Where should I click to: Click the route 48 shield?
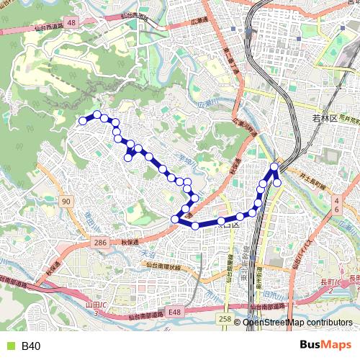click(71, 24)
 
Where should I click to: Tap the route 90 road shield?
click(66, 201)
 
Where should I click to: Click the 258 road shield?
click(225, 318)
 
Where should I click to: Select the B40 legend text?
click(31, 346)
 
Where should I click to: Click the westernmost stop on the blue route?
click(83, 121)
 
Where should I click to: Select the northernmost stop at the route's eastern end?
click(274, 168)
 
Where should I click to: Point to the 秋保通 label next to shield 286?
click(130, 243)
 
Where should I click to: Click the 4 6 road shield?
click(336, 204)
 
